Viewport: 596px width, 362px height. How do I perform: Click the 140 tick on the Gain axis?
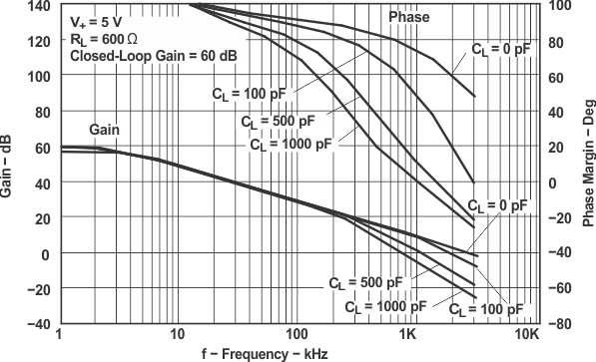pos(39,6)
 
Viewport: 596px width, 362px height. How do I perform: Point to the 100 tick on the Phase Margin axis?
pos(560,6)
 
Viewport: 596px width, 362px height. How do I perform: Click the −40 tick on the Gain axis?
pos(39,324)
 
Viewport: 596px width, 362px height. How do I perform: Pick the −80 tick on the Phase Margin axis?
pos(560,324)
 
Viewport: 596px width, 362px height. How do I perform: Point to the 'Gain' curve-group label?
pos(105,130)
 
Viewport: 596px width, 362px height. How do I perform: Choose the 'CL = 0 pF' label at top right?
pos(499,48)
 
